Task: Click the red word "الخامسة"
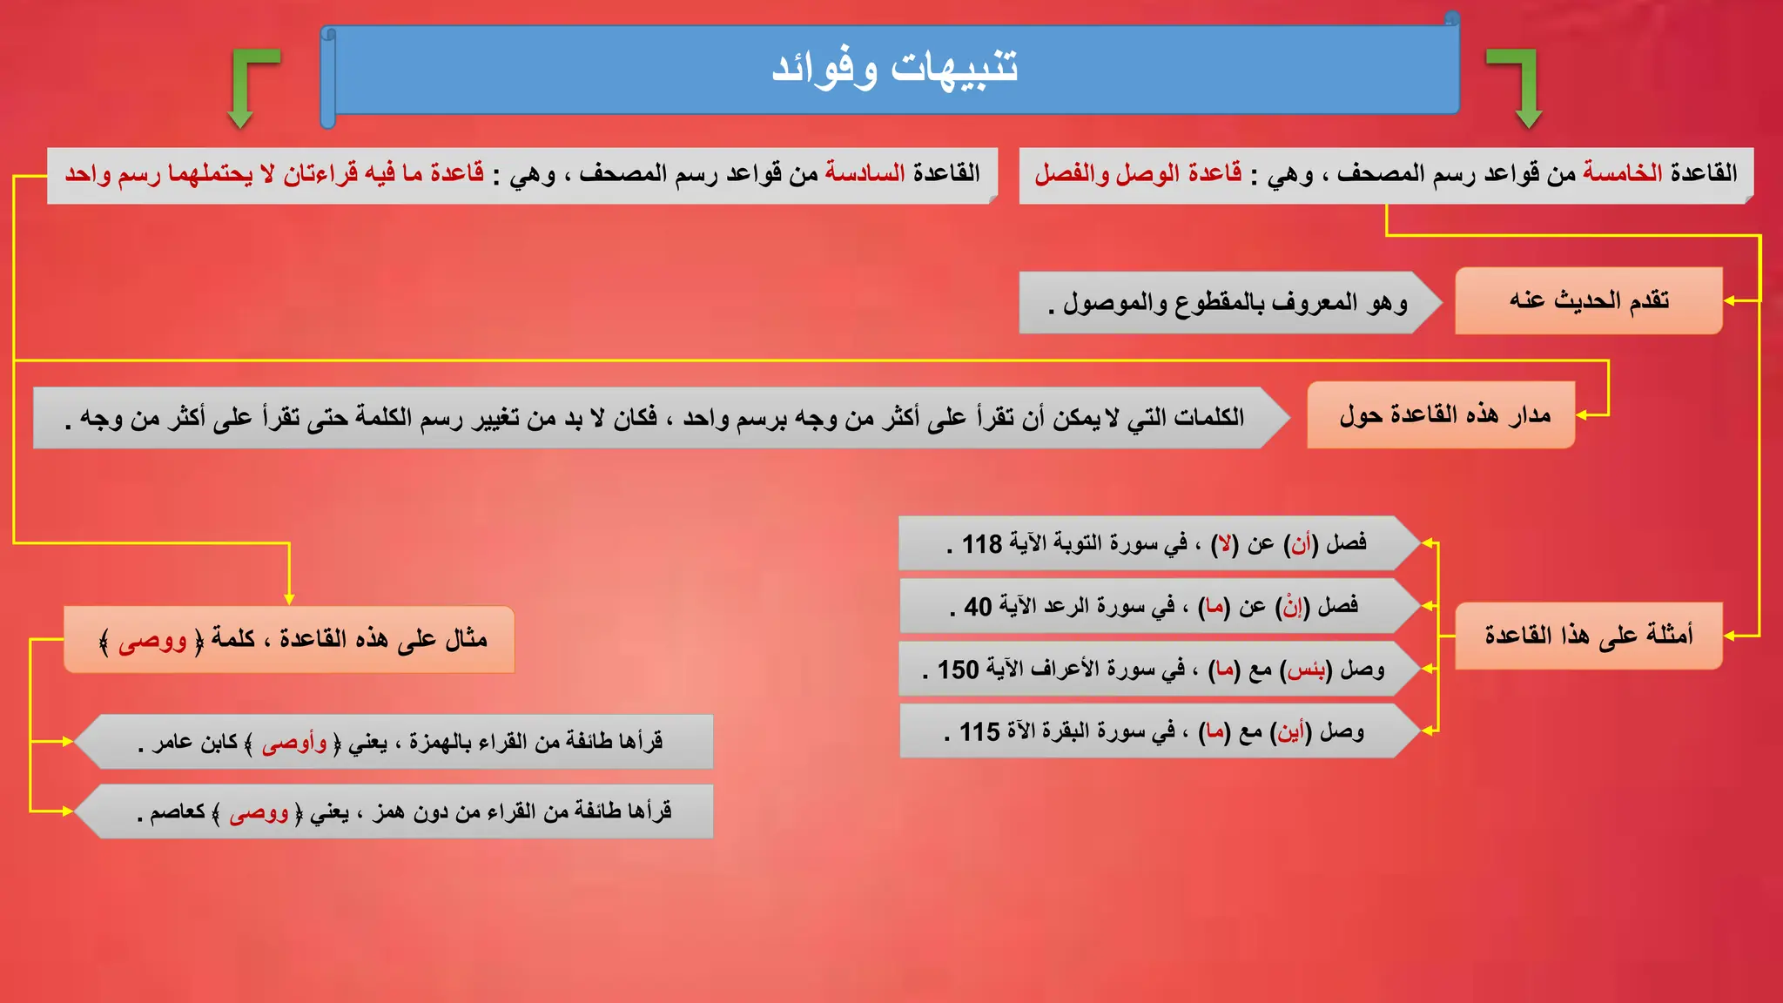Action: tap(1622, 173)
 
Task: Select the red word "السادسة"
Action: tap(865, 173)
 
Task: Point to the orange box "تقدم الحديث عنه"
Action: tap(1588, 300)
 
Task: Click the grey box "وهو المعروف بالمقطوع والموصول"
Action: tap(1228, 303)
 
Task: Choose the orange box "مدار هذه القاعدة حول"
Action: tap(1442, 415)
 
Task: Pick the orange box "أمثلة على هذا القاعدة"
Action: tap(1588, 636)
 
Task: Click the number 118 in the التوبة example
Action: tap(982, 544)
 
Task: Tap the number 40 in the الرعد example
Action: tap(978, 607)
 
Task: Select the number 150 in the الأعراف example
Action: tap(958, 670)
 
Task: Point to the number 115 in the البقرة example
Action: tap(979, 732)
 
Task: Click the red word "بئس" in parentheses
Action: tap(1306, 670)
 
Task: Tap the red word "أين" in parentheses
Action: tap(1291, 732)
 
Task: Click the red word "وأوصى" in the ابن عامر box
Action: tap(294, 743)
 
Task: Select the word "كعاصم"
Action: tap(178, 812)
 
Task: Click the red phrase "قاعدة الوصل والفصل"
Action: tap(1138, 173)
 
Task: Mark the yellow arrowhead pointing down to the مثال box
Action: tap(289, 599)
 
